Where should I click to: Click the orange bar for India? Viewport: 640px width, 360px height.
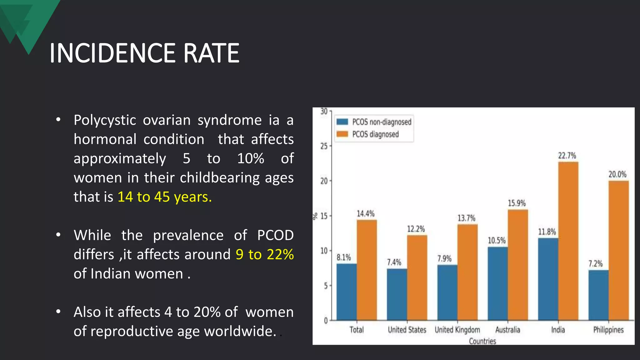pos(568,241)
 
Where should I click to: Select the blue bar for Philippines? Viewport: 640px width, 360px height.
pos(598,295)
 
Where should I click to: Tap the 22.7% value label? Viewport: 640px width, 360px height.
pos(567,156)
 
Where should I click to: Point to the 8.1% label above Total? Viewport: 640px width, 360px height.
pos(344,257)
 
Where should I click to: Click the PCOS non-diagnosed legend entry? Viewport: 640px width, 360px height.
pos(374,122)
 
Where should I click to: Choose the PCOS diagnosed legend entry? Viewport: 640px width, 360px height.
pos(368,134)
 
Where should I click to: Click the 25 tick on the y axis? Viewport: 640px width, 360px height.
pos(324,146)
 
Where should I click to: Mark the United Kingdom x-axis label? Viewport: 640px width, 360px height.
pos(457,330)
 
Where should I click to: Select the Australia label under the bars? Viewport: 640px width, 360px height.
pos(507,330)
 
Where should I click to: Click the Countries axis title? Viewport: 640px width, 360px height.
pos(482,341)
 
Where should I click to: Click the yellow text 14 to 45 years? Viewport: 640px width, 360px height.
pos(165,197)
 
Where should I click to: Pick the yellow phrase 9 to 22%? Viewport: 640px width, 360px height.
pos(265,254)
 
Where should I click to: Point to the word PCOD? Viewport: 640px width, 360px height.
pos(275,235)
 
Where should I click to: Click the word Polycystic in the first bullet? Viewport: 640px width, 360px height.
pos(105,120)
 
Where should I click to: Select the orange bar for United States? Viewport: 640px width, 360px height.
pos(417,277)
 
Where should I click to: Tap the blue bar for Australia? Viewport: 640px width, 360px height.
pos(497,283)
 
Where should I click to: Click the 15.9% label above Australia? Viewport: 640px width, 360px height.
pos(517,203)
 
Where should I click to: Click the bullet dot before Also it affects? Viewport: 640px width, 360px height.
pos(58,312)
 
